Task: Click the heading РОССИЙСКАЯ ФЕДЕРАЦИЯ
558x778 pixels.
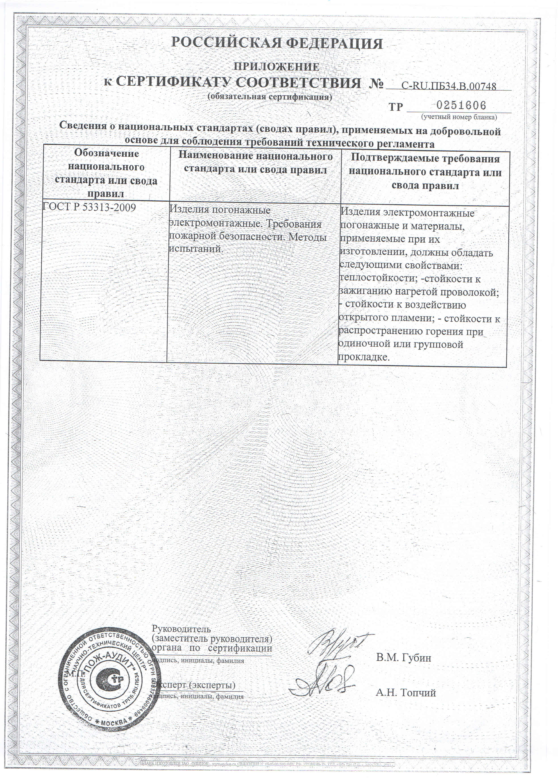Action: point(277,44)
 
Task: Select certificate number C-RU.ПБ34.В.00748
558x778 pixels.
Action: point(448,86)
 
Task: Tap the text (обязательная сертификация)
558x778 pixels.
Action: point(270,97)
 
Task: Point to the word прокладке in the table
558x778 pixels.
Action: point(364,357)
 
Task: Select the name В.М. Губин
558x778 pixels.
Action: point(403,658)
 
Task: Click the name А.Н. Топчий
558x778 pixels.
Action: point(406,693)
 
